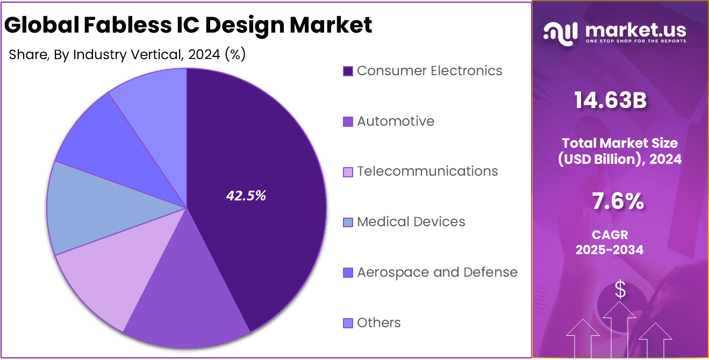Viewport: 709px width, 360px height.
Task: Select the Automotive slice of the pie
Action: pyautogui.click(x=188, y=301)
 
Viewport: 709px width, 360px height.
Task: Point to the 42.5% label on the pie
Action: pyautogui.click(x=246, y=196)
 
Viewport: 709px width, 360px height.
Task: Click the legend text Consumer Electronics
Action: pyautogui.click(x=429, y=71)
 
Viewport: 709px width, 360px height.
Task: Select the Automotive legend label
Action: pyautogui.click(x=395, y=121)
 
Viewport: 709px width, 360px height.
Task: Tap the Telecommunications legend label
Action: pyautogui.click(x=427, y=171)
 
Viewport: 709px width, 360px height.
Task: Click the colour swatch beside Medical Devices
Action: pyautogui.click(x=348, y=222)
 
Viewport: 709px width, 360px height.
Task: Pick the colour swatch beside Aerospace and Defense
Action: pyautogui.click(x=348, y=273)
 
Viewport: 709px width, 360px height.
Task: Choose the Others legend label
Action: pyautogui.click(x=378, y=323)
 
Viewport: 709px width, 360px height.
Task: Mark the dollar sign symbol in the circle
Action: pyautogui.click(x=620, y=290)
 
